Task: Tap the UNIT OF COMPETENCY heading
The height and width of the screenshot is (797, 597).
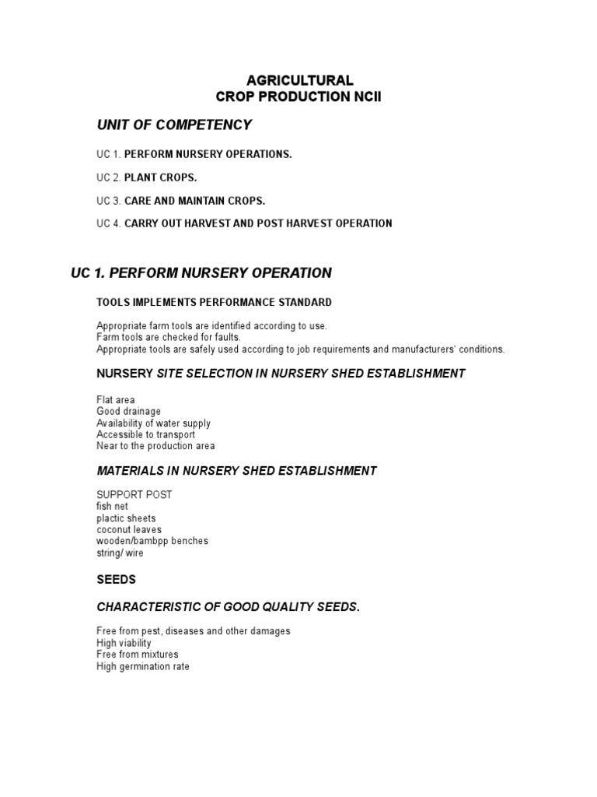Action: (174, 125)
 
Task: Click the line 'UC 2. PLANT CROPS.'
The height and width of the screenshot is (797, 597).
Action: (147, 177)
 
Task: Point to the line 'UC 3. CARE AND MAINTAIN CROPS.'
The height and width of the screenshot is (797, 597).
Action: (180, 201)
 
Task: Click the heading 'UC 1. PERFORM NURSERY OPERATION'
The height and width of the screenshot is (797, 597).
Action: (201, 273)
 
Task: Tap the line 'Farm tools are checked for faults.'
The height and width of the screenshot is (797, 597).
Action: (169, 337)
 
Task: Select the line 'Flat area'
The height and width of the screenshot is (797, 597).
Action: (115, 399)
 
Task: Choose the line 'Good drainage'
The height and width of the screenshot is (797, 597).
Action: (128, 411)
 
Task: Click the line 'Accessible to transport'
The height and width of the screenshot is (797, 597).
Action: (145, 434)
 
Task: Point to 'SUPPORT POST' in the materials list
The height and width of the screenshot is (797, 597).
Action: (134, 494)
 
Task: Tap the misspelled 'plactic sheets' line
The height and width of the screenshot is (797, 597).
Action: (126, 518)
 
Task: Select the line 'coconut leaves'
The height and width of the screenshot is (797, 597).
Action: (129, 530)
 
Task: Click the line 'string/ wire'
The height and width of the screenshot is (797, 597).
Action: (120, 553)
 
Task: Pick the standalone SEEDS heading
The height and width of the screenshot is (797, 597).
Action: (116, 580)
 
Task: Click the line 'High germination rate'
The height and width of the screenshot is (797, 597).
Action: (142, 666)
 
